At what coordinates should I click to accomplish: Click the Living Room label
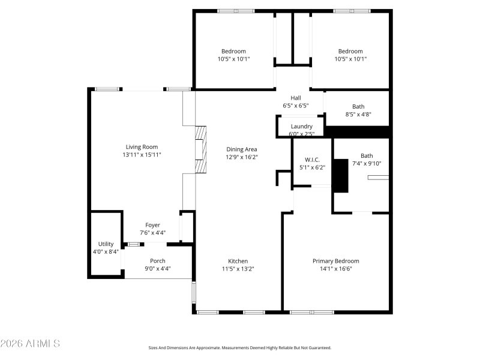142,147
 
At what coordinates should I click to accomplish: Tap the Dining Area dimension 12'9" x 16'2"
242,157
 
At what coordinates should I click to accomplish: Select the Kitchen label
238,261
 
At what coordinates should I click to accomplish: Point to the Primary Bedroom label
335,261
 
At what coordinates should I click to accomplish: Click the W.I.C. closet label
311,160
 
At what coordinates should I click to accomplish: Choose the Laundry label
301,126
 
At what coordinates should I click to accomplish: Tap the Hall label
296,98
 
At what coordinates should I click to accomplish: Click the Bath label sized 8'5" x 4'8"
358,107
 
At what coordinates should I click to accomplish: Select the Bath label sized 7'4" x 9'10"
367,156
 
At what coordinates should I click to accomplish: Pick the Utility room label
106,244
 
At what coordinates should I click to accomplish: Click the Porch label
158,261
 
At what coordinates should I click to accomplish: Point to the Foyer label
152,225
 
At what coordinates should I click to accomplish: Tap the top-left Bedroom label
233,52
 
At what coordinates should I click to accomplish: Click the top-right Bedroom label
350,52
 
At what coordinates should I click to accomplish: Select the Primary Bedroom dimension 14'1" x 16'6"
335,269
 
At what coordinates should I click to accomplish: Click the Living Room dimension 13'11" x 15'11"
142,155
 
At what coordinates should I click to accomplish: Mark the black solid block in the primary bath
340,176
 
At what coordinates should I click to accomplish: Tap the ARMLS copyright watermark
30,344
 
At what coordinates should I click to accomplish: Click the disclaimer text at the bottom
240,347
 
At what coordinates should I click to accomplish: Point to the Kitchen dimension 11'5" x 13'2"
238,269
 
